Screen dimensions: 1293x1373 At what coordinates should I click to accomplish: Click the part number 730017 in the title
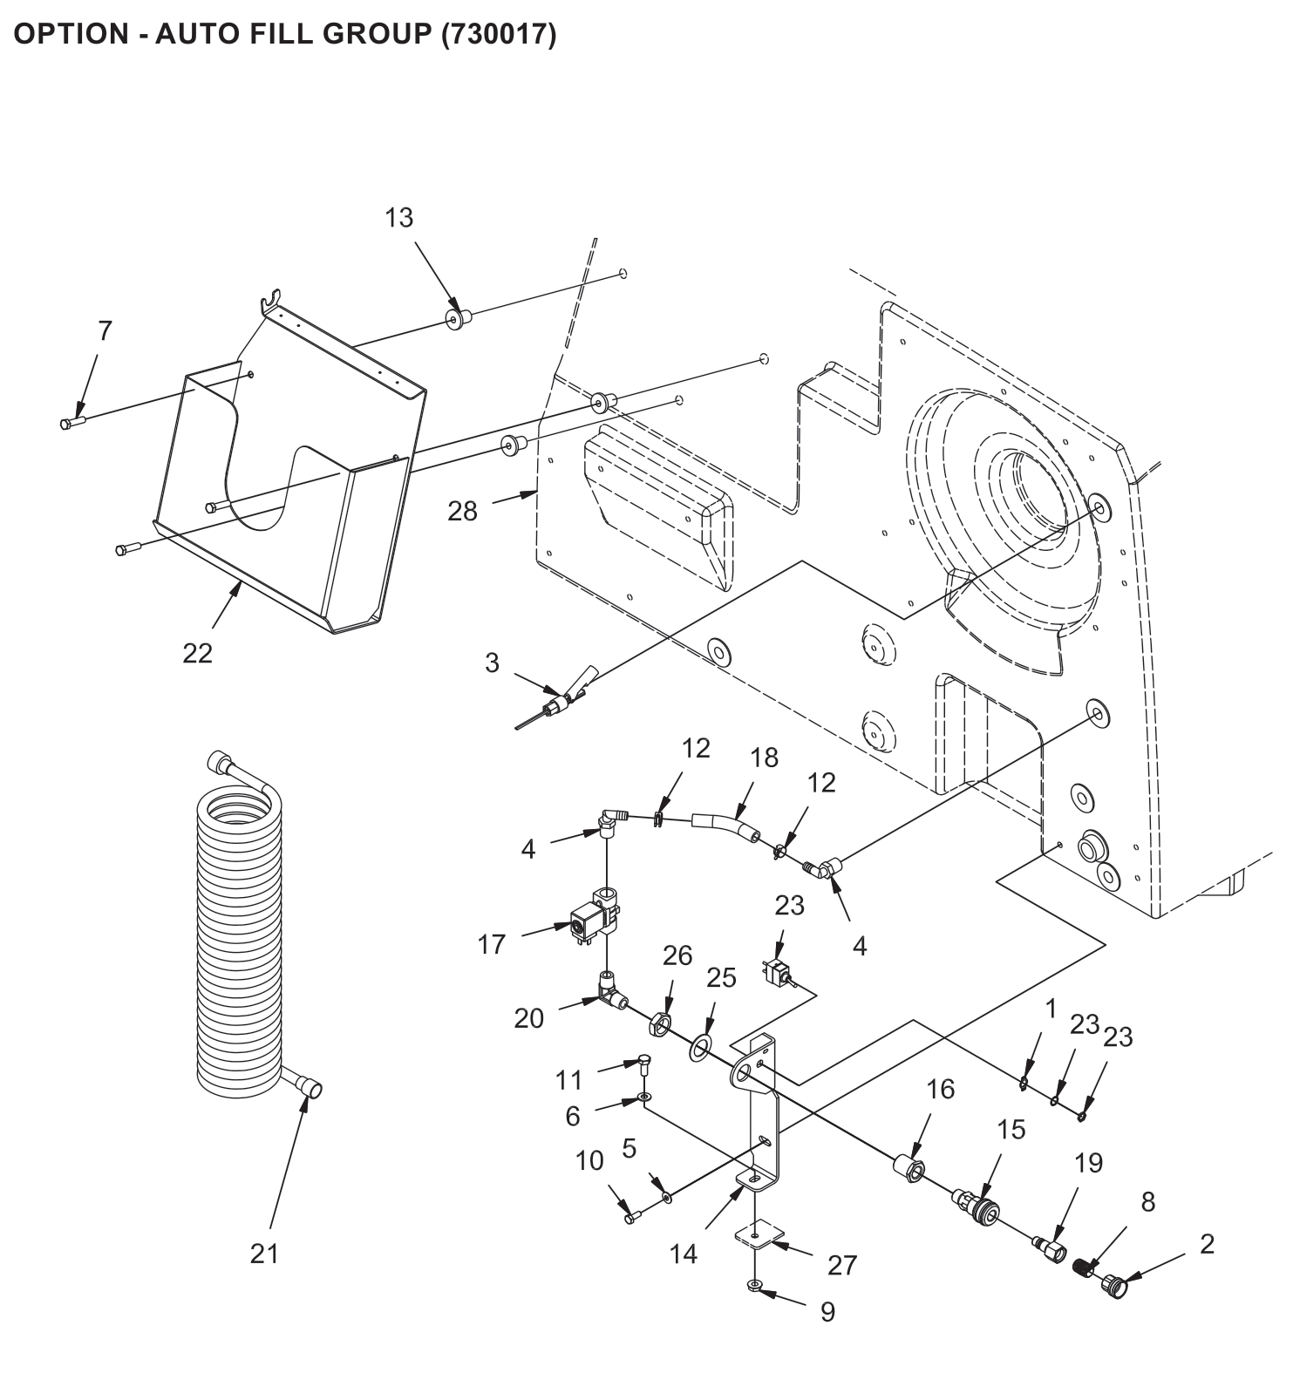497,34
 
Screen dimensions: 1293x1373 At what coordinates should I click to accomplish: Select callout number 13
399,217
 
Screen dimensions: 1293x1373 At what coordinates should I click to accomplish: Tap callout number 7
105,331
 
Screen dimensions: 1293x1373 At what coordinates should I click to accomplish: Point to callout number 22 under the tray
197,653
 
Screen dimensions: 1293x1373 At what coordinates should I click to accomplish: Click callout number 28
463,511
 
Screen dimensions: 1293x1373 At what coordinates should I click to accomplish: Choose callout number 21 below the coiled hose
264,1254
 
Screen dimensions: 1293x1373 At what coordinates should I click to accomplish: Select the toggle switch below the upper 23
776,973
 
